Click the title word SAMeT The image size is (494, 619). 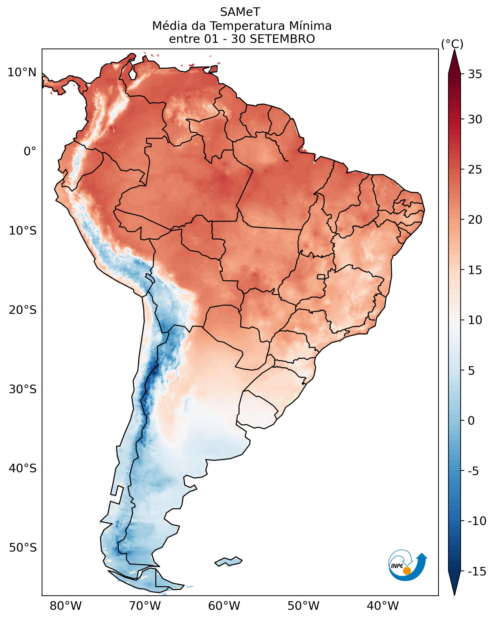pos(240,12)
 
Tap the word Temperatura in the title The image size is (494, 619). pos(247,26)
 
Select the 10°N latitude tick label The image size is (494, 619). pos(22,72)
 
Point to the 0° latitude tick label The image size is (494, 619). pos(30,151)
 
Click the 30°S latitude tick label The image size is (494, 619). pos(23,389)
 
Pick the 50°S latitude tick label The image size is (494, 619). pos(23,548)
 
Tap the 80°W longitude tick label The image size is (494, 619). pos(66,606)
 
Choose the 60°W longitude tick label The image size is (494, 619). pos(224,606)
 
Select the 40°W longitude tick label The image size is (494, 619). pos(382,606)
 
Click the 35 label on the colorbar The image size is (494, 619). pos(475,74)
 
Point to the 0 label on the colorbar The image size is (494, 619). pos(471,421)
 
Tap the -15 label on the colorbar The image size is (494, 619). pos(477,571)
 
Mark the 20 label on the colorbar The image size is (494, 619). pos(475,220)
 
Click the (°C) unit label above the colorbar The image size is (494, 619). pos(452,44)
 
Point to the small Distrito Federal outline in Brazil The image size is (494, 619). pos(321,277)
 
